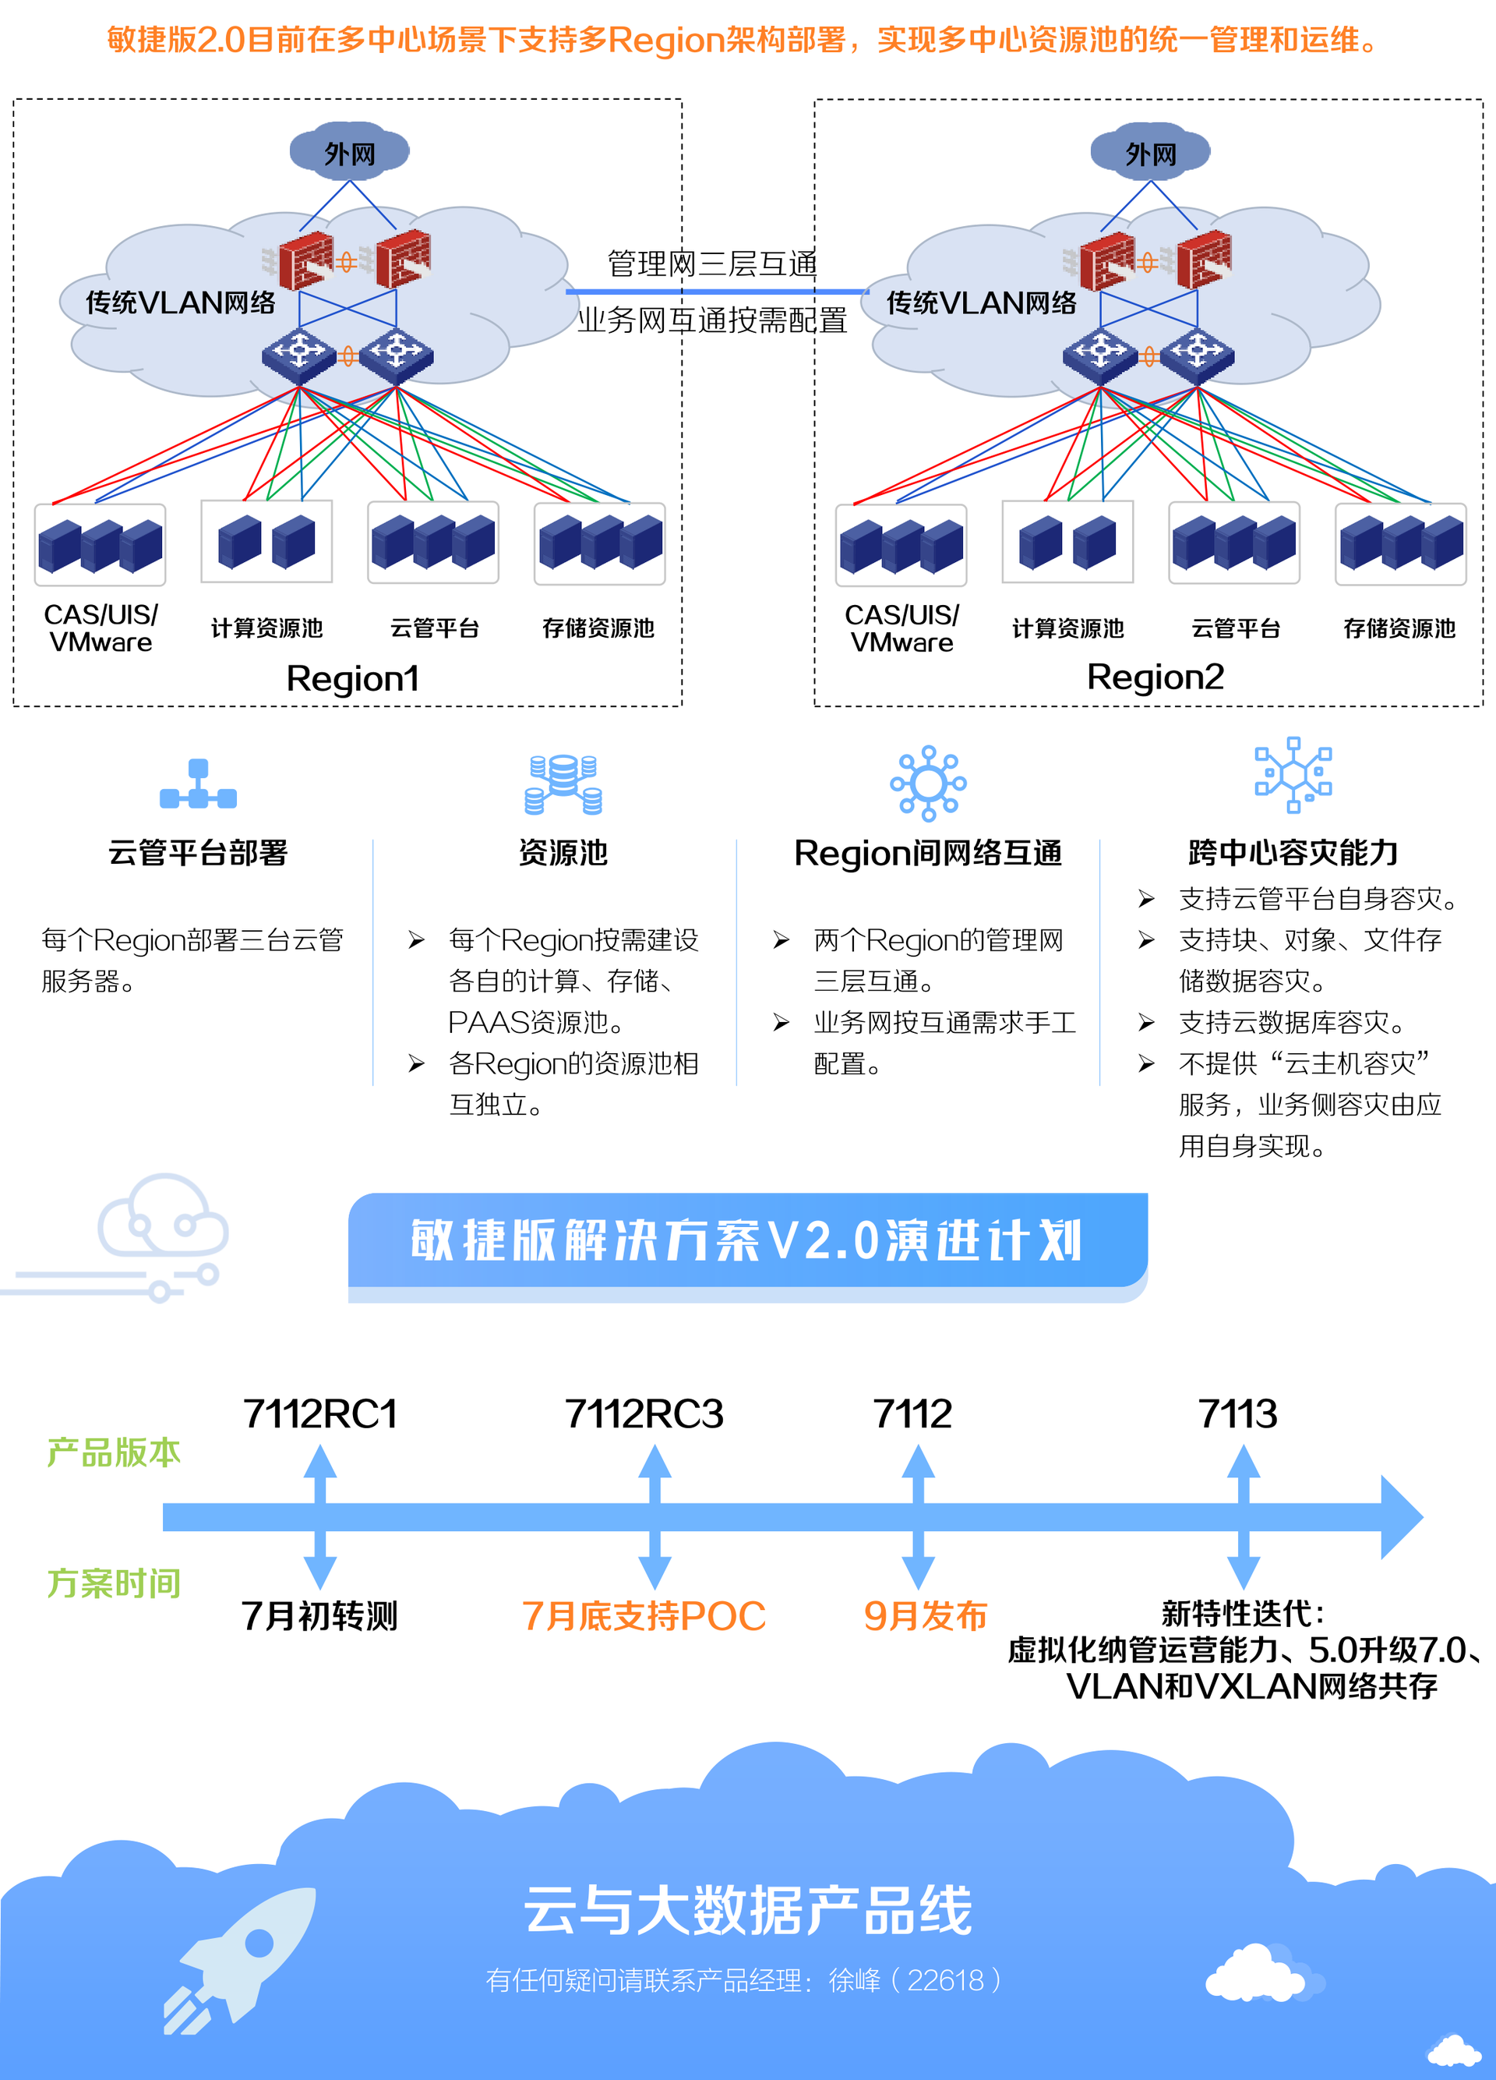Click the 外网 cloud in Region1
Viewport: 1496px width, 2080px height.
(x=349, y=152)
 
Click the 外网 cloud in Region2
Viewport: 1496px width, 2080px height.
(x=1150, y=152)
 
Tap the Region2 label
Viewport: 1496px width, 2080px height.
(x=1155, y=677)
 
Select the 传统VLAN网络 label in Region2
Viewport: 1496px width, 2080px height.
(x=981, y=302)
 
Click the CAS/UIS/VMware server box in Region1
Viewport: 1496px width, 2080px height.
(x=100, y=545)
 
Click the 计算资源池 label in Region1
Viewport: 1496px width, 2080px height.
(x=266, y=628)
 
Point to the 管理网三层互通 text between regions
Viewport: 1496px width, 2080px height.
(x=712, y=264)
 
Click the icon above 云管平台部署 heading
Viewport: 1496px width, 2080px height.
(x=198, y=785)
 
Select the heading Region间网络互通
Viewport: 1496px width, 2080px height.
(x=928, y=853)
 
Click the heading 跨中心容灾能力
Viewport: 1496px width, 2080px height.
(x=1293, y=853)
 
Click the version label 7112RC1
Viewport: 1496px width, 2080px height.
(x=320, y=1413)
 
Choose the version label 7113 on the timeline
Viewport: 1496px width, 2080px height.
(x=1237, y=1413)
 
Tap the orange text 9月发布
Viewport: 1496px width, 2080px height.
(x=925, y=1616)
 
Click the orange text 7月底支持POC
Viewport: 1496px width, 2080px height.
(x=644, y=1616)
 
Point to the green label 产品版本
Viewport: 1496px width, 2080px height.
(x=114, y=1452)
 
